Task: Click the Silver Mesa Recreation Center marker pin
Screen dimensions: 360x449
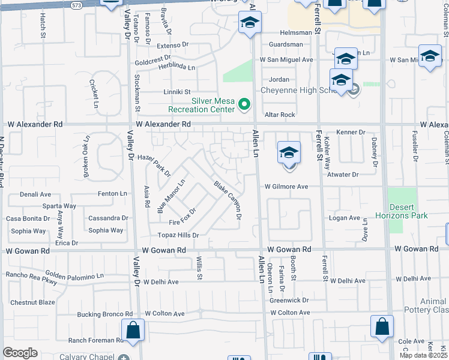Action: pos(244,105)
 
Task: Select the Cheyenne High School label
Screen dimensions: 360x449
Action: pos(298,91)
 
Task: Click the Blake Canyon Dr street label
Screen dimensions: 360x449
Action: pos(228,199)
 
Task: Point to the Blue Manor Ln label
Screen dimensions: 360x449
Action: pos(170,196)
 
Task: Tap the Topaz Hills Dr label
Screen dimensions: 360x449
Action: pos(178,235)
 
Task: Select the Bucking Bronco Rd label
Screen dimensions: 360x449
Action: pos(104,314)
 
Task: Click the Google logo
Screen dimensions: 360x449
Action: pos(20,353)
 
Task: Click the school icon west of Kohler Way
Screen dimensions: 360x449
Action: pos(289,153)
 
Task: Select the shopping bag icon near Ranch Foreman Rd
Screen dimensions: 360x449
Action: pos(133,330)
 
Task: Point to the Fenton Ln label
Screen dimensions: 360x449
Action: pos(113,194)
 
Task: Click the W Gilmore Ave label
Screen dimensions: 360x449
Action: pos(288,187)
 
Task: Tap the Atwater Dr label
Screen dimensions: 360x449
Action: pos(343,175)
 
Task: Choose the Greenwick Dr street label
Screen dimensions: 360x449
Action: pos(289,300)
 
